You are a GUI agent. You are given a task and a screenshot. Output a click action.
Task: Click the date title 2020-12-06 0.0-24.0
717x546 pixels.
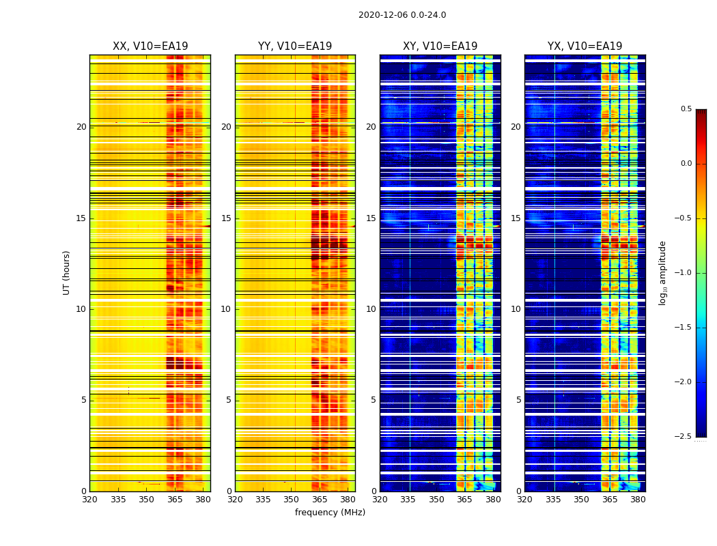(402, 15)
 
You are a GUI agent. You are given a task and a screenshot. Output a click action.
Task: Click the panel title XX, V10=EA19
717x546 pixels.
(150, 46)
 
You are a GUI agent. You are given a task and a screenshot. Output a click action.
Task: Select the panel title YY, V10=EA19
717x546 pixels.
(295, 46)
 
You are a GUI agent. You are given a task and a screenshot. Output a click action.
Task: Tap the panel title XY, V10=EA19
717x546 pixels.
(440, 46)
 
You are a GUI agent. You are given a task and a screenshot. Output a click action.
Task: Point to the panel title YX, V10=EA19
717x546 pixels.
(585, 46)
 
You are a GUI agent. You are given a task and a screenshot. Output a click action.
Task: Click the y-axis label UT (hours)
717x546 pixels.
(67, 272)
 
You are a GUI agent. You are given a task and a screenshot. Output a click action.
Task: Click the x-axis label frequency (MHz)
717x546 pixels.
(330, 513)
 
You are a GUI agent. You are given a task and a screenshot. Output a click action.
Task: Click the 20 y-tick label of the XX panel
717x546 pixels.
(81, 127)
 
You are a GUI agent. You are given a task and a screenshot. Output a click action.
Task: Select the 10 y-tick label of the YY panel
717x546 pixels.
(226, 309)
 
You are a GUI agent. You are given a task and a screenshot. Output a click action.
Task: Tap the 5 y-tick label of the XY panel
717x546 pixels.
(374, 400)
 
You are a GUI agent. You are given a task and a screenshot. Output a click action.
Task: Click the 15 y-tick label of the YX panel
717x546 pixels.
(516, 218)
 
